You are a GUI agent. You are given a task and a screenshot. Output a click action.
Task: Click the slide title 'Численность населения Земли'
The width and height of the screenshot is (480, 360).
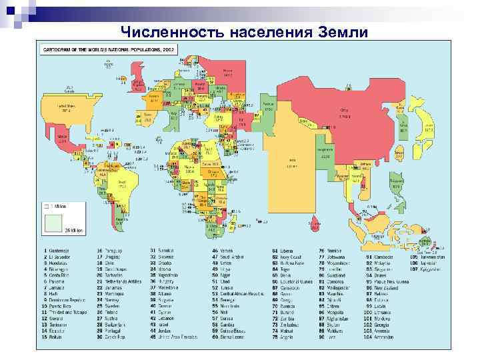(x=244, y=31)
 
